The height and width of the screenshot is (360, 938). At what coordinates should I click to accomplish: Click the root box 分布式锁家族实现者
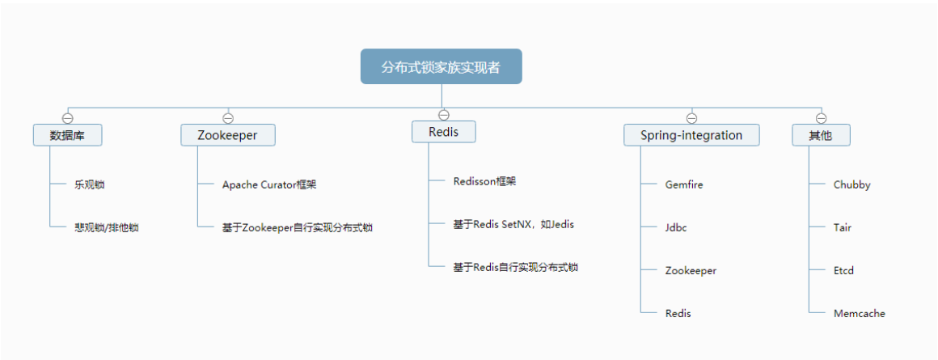click(x=441, y=66)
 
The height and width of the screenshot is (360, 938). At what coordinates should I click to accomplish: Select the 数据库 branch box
click(x=68, y=135)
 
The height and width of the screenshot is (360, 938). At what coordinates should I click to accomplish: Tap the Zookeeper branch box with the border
click(x=228, y=135)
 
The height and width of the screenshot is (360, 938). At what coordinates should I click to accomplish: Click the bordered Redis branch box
click(x=444, y=132)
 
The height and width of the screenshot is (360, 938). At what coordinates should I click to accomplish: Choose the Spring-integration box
click(x=691, y=135)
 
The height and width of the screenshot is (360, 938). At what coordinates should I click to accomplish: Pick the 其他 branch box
click(x=822, y=135)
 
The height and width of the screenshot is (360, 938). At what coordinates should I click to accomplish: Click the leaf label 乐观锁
click(x=89, y=184)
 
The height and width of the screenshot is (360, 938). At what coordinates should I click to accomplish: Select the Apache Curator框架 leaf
click(x=269, y=184)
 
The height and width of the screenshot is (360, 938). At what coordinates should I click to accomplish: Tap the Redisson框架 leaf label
click(x=484, y=181)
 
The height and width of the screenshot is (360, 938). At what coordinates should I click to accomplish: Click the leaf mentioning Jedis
click(x=513, y=224)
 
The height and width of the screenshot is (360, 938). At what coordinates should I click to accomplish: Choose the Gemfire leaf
click(x=684, y=184)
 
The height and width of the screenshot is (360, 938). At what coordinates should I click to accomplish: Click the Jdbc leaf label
click(x=676, y=228)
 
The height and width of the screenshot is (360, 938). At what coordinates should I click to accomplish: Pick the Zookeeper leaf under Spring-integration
click(x=691, y=271)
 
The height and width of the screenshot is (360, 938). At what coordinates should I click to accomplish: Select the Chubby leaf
click(x=851, y=184)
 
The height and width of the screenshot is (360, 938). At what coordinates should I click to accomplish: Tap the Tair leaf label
click(x=843, y=228)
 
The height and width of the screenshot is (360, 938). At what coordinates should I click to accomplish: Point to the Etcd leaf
click(x=843, y=271)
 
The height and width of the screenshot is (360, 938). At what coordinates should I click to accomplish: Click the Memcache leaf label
click(x=859, y=314)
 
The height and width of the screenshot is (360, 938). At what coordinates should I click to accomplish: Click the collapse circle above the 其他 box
click(x=822, y=118)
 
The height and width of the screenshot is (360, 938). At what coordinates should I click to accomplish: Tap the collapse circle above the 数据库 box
click(x=68, y=118)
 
